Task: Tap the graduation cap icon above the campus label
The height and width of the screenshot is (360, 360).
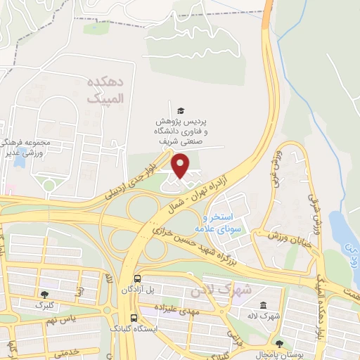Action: [181, 110]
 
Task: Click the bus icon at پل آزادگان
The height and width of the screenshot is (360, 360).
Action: [136, 278]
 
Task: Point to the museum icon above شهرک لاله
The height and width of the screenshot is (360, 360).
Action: [264, 306]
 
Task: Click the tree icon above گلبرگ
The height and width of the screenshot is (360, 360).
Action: [46, 295]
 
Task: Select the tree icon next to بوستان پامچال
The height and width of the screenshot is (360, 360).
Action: [279, 345]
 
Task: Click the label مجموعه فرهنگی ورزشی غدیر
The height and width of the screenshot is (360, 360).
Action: [25, 146]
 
